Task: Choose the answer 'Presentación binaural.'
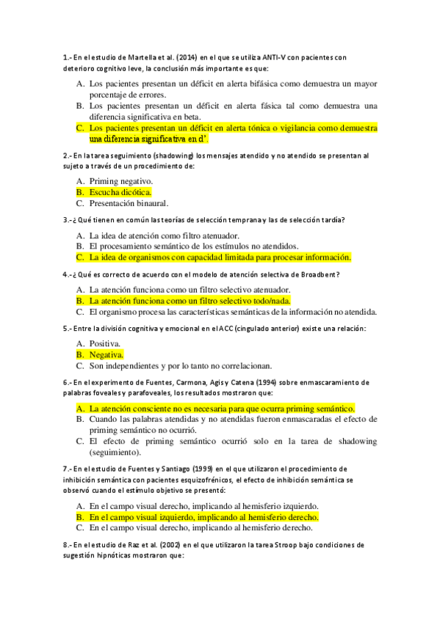pyautogui.click(x=129, y=203)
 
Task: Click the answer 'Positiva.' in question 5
pyautogui.click(x=106, y=343)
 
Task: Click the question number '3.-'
pyautogui.click(x=68, y=220)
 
